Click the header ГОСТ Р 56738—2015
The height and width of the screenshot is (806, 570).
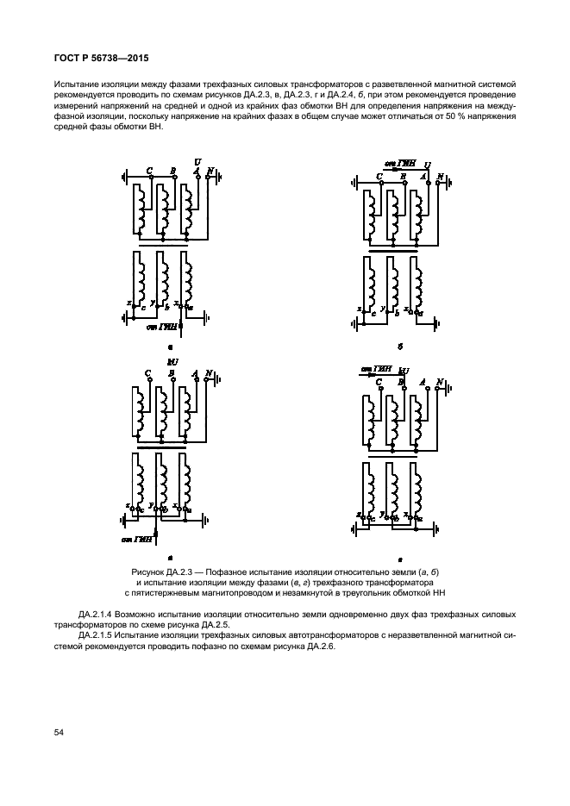tap(97, 57)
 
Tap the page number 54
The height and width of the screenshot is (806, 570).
tap(60, 733)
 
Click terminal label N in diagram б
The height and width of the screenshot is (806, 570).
tap(441, 176)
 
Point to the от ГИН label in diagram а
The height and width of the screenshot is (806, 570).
tap(161, 328)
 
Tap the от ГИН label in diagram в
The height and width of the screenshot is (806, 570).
tap(138, 539)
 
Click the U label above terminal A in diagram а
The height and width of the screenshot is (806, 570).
tap(197, 162)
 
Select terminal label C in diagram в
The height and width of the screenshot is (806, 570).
tap(149, 373)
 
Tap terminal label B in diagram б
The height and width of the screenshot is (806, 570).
tap(403, 176)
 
